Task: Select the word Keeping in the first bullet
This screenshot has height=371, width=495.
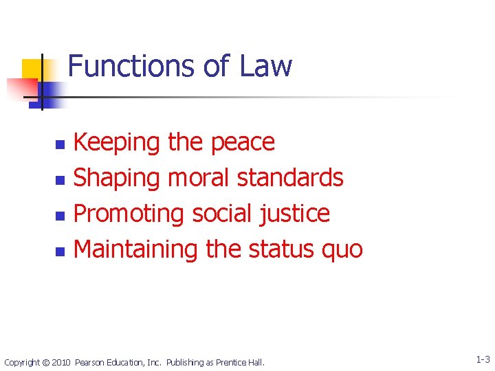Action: [x=116, y=142]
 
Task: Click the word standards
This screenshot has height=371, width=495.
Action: [x=289, y=178]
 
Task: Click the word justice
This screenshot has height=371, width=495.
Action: [x=296, y=214]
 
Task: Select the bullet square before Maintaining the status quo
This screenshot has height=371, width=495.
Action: [x=60, y=251]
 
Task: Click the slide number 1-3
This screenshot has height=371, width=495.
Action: [x=482, y=360]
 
